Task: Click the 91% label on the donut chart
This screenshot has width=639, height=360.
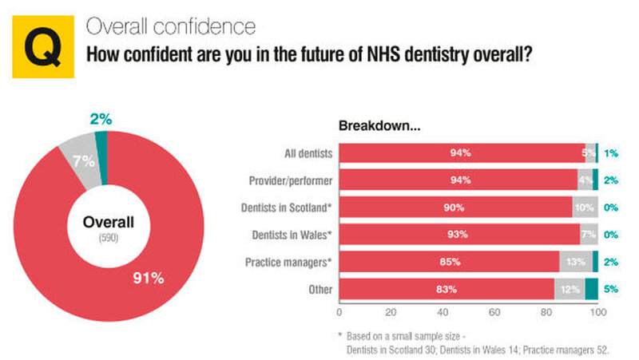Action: click(149, 279)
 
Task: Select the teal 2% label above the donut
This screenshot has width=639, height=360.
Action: click(100, 120)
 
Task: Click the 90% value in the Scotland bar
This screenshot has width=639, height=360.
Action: click(456, 207)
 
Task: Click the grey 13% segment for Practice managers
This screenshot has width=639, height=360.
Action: click(575, 261)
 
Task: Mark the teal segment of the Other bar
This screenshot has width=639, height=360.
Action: click(591, 288)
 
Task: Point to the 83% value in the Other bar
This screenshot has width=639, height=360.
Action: click(447, 288)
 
